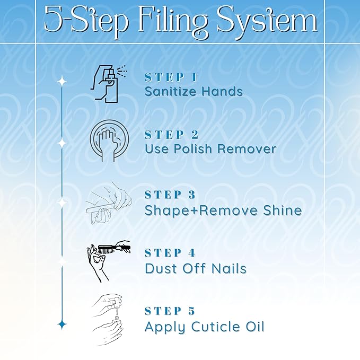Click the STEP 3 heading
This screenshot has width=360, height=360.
pos(170,195)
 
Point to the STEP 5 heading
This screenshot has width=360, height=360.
pos(170,311)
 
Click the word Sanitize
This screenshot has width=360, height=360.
pos(171,91)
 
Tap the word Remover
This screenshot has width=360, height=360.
pos(247,148)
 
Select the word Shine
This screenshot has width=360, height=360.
pos(283,210)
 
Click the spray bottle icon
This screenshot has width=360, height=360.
pos(109,84)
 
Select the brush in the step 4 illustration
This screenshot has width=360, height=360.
pos(114,249)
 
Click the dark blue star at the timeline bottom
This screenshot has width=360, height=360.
pos(62,324)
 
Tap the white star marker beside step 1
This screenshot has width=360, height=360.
pos(62,82)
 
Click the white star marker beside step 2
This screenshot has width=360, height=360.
pos(62,143)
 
